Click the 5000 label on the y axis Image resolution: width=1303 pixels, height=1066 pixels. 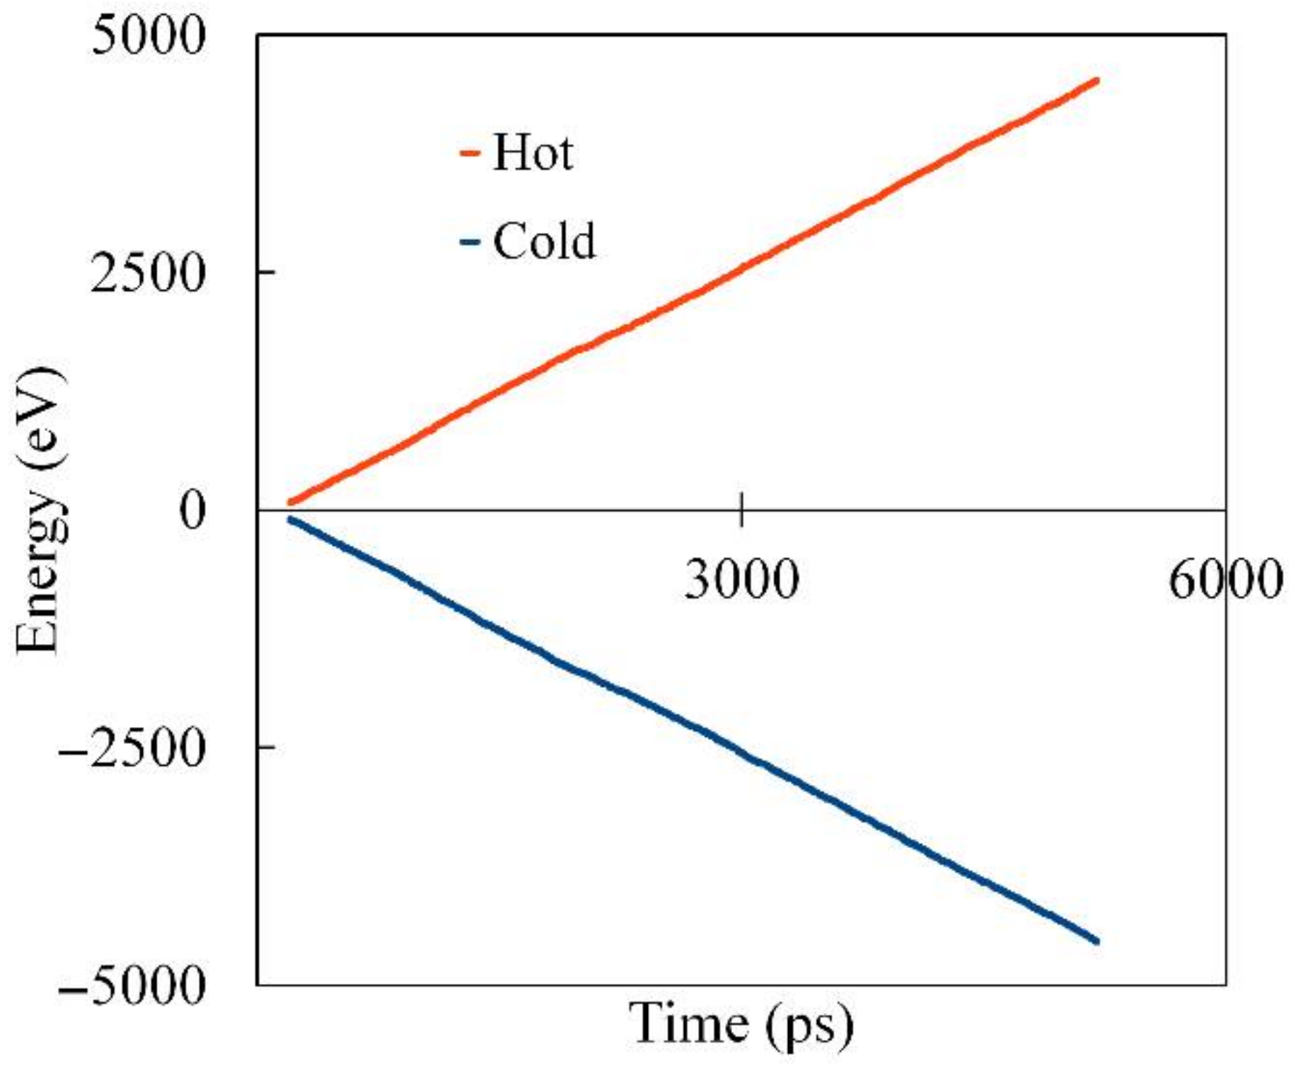pos(148,35)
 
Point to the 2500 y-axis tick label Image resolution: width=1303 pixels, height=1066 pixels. pos(148,274)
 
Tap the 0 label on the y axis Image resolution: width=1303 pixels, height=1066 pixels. pos(192,510)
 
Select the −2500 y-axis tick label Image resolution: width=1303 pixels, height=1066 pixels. pos(133,748)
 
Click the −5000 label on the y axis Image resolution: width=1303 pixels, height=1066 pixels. pos(133,985)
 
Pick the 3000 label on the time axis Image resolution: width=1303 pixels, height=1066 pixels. pos(741,580)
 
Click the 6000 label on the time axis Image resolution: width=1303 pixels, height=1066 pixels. pos(1224,580)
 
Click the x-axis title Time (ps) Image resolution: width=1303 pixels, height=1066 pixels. pos(741,1024)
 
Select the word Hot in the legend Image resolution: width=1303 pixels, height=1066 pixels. pos(532,152)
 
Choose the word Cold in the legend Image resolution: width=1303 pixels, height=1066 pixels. pos(544,241)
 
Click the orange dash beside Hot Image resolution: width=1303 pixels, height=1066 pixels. pos(470,153)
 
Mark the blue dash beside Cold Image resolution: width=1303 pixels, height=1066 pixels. pos(470,242)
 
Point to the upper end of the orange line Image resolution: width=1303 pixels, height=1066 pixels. pos(1096,81)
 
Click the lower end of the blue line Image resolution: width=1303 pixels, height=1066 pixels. pos(1096,940)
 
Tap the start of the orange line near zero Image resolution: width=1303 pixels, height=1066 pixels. pos(291,502)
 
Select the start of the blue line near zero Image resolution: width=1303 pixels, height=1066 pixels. pos(291,520)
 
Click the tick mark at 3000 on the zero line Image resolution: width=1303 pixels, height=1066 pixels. pos(741,510)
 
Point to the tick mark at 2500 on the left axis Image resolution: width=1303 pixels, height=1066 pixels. pos(266,272)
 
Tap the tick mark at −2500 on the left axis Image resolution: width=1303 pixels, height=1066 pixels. pos(266,746)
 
